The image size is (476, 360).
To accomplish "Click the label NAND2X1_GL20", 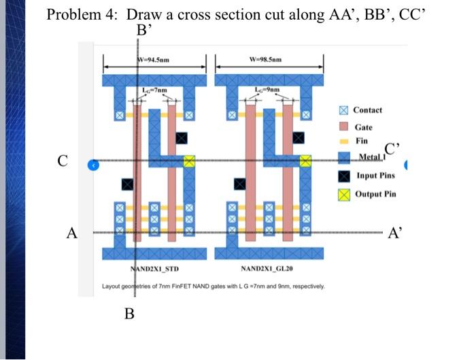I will pyautogui.click(x=265, y=269).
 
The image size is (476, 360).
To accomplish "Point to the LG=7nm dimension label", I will pyautogui.click(x=153, y=91).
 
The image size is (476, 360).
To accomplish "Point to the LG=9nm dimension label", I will pyautogui.click(x=265, y=91).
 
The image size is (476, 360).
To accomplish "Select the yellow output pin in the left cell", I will pyautogui.click(x=189, y=161).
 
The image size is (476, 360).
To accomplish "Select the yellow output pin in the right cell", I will pyautogui.click(x=305, y=161).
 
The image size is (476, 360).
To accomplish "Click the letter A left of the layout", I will pyautogui.click(x=71, y=233).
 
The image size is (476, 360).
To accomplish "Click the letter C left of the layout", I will pyautogui.click(x=63, y=161).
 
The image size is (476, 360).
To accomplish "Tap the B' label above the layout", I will pyautogui.click(x=143, y=30).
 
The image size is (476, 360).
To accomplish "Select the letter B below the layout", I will pyautogui.click(x=130, y=314).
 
